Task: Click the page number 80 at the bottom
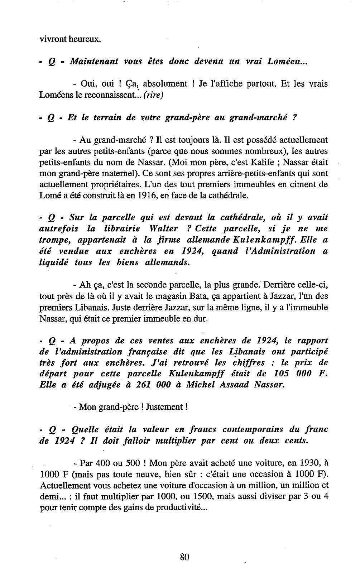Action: tap(184, 557)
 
